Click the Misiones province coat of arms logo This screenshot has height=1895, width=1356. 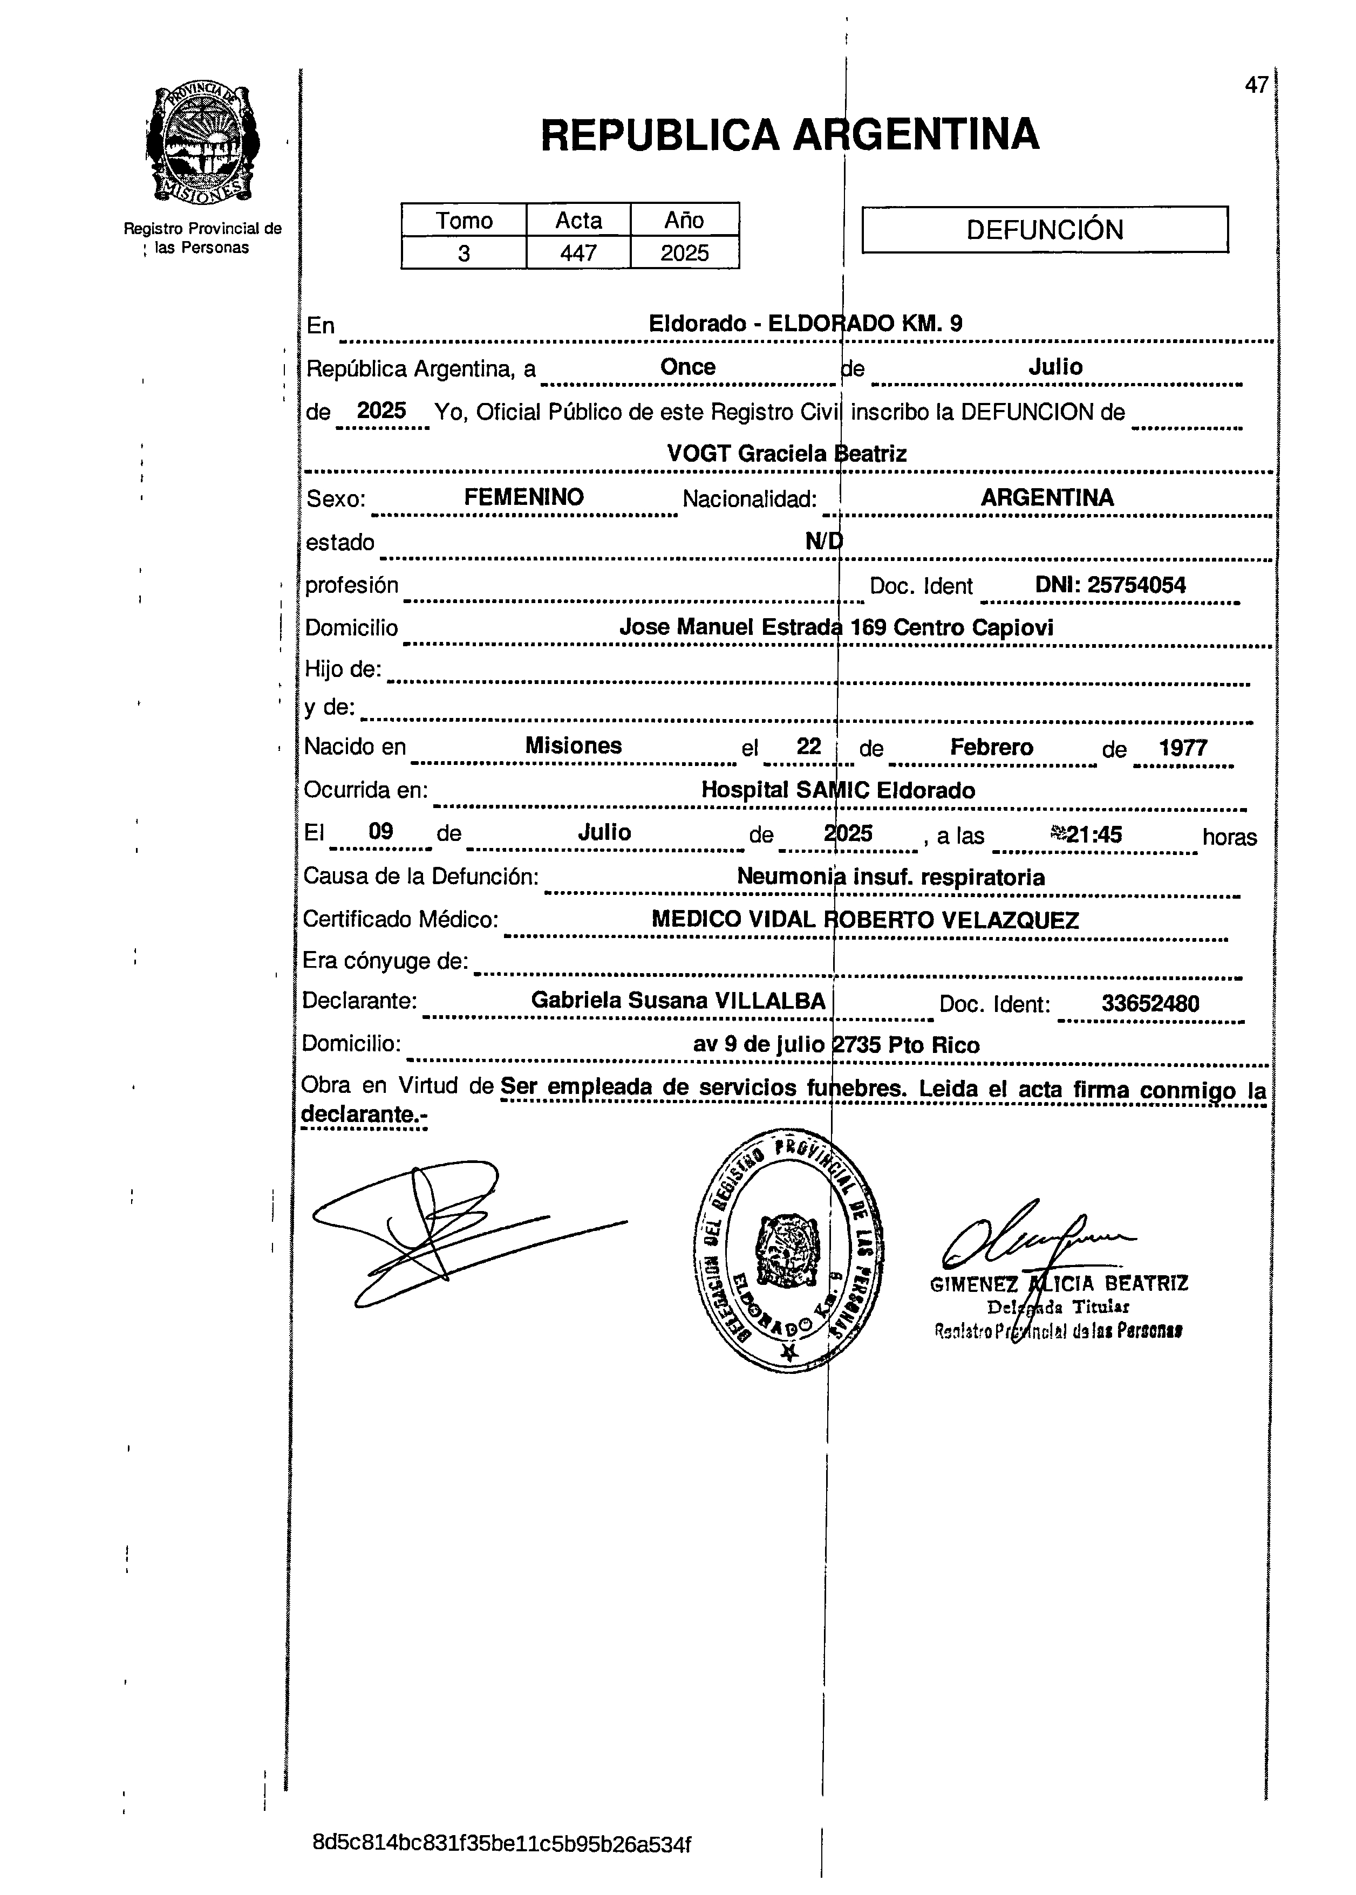coord(202,143)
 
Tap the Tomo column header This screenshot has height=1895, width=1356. coord(464,221)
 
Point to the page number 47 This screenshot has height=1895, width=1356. coord(1256,85)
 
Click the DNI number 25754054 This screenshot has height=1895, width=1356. coord(1110,585)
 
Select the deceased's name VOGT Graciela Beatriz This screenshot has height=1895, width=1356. coord(787,454)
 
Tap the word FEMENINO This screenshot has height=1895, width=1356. coord(523,497)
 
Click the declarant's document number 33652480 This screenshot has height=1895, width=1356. coord(1150,1003)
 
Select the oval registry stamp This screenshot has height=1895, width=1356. coord(788,1248)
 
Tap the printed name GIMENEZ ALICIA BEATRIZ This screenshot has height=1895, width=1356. coord(1059,1284)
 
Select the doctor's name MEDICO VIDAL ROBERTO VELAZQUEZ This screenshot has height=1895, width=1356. coord(865,920)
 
